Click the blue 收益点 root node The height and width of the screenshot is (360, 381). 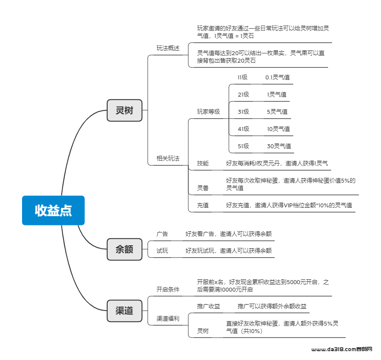click(x=53, y=210)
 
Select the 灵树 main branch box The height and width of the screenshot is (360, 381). click(x=124, y=110)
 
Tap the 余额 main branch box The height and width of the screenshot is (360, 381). click(x=124, y=249)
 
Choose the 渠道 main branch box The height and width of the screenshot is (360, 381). click(x=124, y=311)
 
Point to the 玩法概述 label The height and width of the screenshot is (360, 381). click(x=168, y=48)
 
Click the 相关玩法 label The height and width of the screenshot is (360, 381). click(x=168, y=158)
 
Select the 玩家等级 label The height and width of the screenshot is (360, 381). click(x=209, y=112)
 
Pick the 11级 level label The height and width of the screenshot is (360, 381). click(x=243, y=77)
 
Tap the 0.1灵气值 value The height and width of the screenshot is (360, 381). click(x=277, y=77)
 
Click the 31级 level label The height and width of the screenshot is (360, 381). click(x=243, y=112)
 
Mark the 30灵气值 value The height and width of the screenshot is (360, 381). click(x=279, y=146)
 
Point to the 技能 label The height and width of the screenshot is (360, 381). click(x=203, y=163)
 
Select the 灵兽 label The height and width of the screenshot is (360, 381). click(x=203, y=188)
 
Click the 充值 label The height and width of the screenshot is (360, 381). click(x=203, y=205)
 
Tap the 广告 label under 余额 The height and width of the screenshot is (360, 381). click(x=162, y=234)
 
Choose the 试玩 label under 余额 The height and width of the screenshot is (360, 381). click(x=162, y=251)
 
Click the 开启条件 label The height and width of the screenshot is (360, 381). click(x=168, y=289)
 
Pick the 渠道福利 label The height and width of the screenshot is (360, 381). click(x=168, y=319)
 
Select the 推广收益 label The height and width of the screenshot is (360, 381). click(x=209, y=306)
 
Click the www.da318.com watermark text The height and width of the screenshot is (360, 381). click(x=334, y=349)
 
